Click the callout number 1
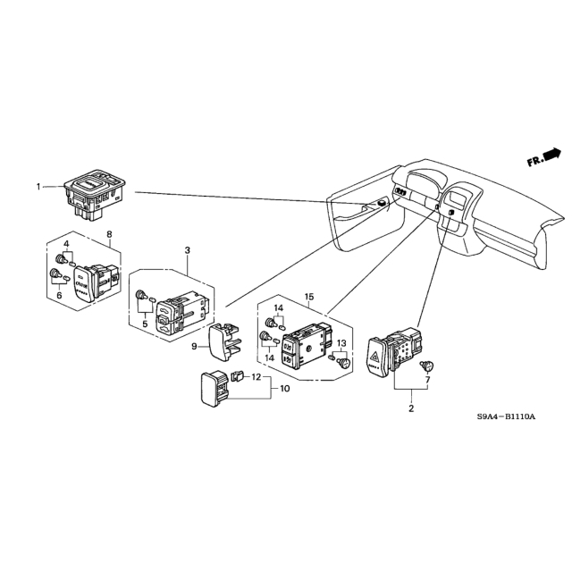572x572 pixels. pyautogui.click(x=38, y=187)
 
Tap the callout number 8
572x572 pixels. pyautogui.click(x=109, y=234)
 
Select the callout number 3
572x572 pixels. pyautogui.click(x=187, y=250)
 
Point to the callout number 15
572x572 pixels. pyautogui.click(x=309, y=297)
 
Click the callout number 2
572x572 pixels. pyautogui.click(x=411, y=408)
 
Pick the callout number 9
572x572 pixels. pyautogui.click(x=194, y=346)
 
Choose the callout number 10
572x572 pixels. pyautogui.click(x=285, y=389)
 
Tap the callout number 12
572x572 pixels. pyautogui.click(x=257, y=377)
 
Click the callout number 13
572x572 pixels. pyautogui.click(x=341, y=343)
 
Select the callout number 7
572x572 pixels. pyautogui.click(x=427, y=380)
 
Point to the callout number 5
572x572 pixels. pyautogui.click(x=145, y=324)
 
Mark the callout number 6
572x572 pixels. pyautogui.click(x=59, y=295)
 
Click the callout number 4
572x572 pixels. pyautogui.click(x=66, y=244)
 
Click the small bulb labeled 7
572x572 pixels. pyautogui.click(x=426, y=366)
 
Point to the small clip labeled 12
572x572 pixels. pyautogui.click(x=238, y=375)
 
